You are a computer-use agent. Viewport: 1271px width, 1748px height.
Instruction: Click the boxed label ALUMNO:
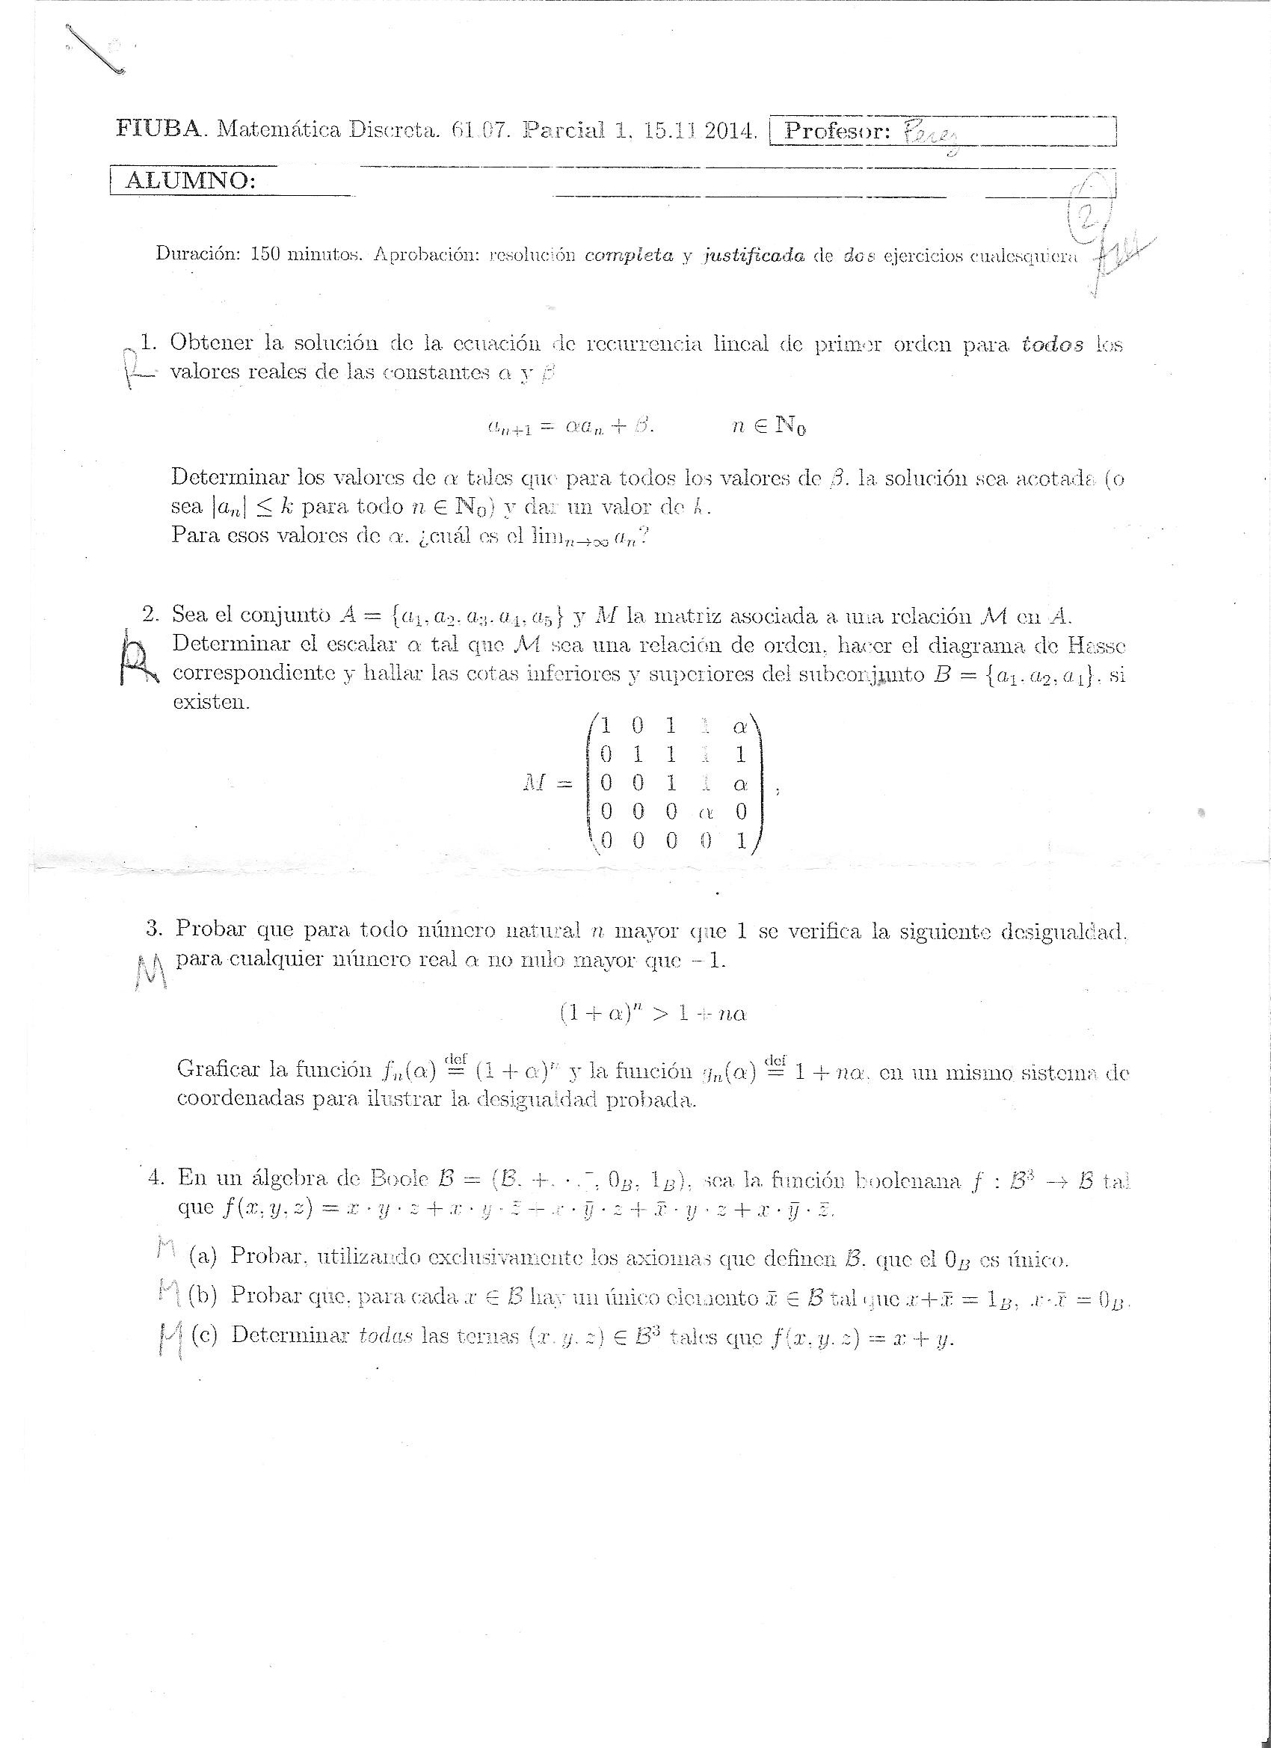(190, 181)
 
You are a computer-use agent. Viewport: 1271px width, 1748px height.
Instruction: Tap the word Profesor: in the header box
(837, 132)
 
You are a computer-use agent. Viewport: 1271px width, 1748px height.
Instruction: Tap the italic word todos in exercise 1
(1052, 345)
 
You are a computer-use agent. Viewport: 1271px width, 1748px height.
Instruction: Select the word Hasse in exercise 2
(1096, 644)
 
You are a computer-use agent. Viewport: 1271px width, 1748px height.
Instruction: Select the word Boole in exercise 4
(400, 1178)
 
